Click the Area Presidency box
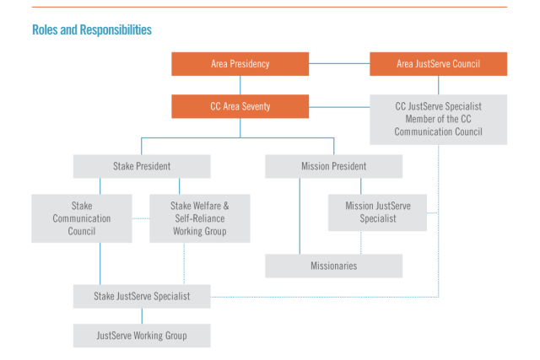tap(240, 64)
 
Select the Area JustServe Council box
tap(438, 64)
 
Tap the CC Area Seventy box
tap(240, 106)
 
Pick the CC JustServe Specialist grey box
tap(438, 119)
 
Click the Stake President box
tap(141, 166)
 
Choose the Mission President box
tap(333, 166)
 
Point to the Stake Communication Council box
tap(82, 218)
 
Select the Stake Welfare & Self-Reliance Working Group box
tap(199, 218)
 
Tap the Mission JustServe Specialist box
tap(376, 212)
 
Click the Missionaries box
tap(333, 266)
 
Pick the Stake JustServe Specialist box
tap(141, 296)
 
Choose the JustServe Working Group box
tap(141, 336)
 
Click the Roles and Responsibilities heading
tap(92, 30)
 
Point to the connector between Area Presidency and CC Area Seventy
tap(240, 85)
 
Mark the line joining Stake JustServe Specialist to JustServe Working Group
tap(141, 315)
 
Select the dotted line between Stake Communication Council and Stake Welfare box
tap(141, 218)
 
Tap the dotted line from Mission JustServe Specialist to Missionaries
tap(361, 243)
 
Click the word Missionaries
tap(333, 266)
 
